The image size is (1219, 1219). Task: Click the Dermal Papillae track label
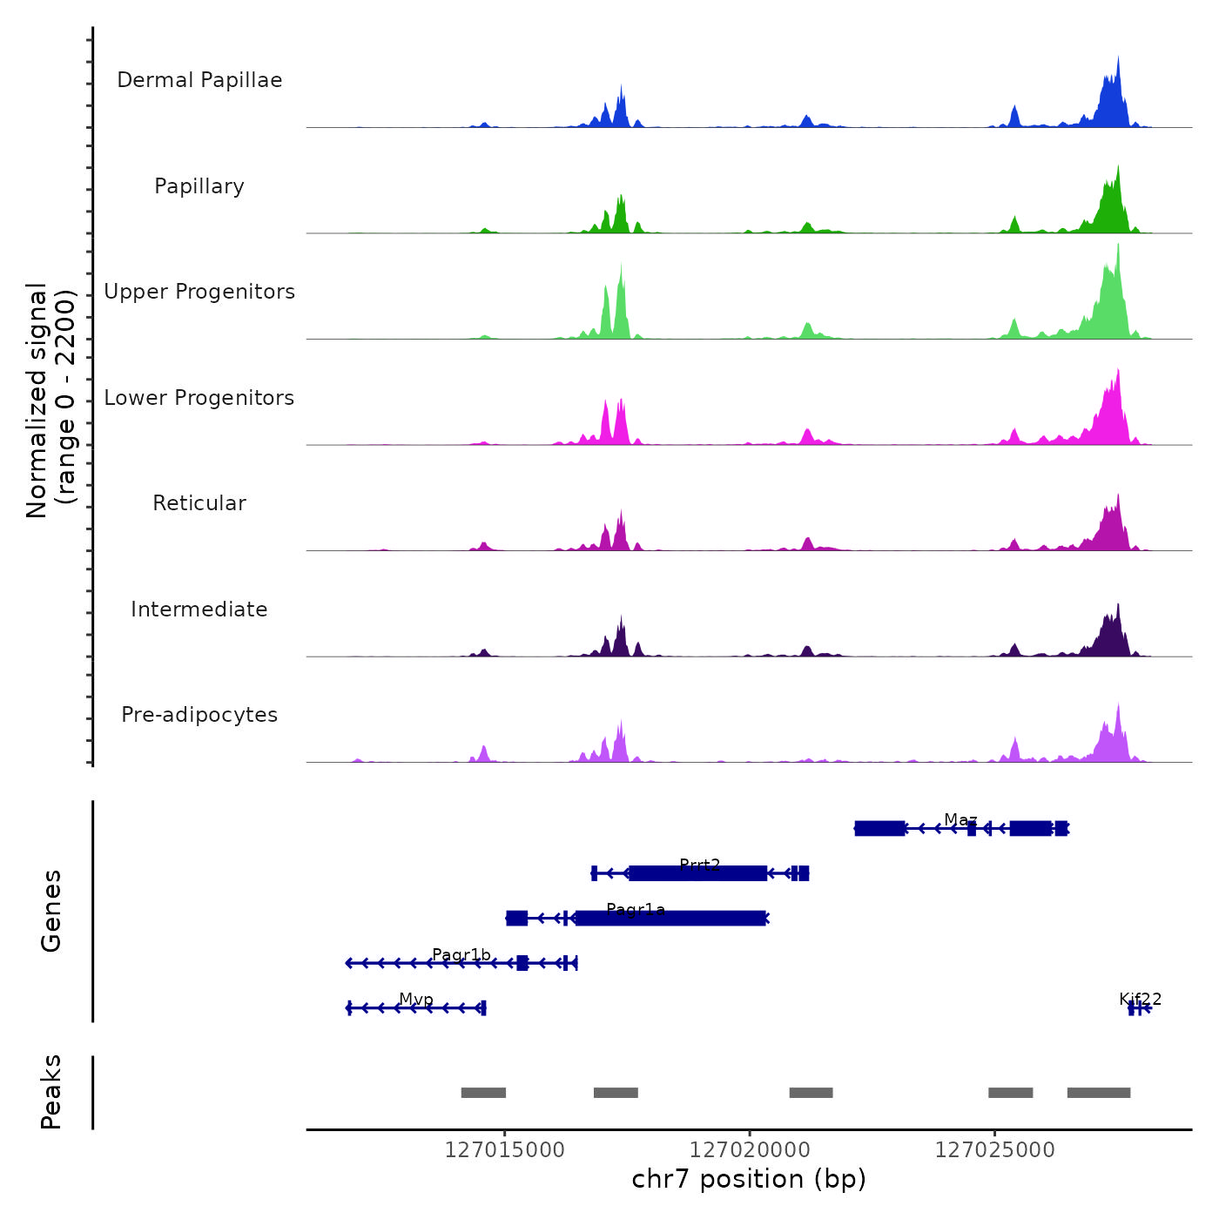pos(199,80)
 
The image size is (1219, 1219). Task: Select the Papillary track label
pos(199,186)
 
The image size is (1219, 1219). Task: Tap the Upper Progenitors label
pos(199,292)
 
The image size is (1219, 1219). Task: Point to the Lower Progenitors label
pos(199,398)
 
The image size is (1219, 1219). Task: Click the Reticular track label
pos(199,503)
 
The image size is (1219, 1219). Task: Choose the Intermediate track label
pos(199,609)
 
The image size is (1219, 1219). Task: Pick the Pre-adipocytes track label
pos(199,715)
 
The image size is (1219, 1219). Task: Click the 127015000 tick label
pos(504,1150)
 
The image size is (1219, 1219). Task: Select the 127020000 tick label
pos(750,1150)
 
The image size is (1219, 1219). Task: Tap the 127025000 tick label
pos(994,1150)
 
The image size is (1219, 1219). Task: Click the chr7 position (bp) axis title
pos(749,1179)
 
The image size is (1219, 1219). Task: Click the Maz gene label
pos(960,820)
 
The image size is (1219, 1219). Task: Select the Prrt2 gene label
pos(700,865)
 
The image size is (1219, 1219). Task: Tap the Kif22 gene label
pos(1140,1000)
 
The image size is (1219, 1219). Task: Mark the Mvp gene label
pos(416,1000)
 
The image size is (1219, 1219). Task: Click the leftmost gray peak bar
pos(483,1093)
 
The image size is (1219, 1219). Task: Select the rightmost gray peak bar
pos(1099,1093)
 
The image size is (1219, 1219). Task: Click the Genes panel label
pos(51,911)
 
